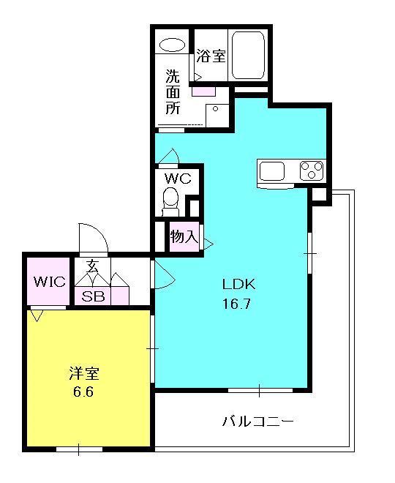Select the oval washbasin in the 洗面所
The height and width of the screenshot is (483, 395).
[172, 44]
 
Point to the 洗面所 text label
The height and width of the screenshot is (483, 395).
[173, 91]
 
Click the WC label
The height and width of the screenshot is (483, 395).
[177, 179]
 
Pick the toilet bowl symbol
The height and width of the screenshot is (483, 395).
[170, 198]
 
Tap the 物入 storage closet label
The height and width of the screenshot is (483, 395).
[183, 236]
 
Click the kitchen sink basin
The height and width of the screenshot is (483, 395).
[272, 171]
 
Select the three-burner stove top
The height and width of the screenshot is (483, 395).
[311, 171]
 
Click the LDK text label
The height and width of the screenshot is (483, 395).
[239, 284]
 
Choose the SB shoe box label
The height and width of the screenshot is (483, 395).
[92, 297]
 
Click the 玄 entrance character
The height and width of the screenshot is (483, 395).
[93, 266]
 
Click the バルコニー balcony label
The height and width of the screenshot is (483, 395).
[257, 422]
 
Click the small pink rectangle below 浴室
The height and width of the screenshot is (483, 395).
[203, 91]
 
